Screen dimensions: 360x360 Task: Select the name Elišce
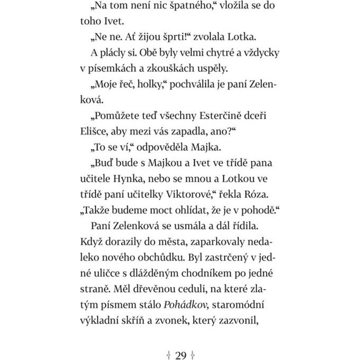click(x=93, y=131)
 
